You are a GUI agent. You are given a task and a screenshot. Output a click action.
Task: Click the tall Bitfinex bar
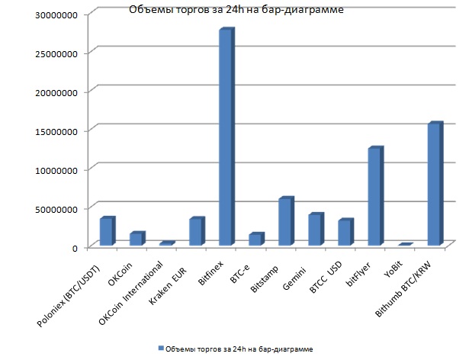(225, 137)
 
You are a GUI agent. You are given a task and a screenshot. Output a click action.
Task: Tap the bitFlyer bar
(374, 196)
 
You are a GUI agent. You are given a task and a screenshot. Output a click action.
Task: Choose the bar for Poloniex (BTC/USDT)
(106, 231)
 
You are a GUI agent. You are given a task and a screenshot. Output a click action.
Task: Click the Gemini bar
(314, 230)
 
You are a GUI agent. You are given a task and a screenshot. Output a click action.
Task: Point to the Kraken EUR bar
(195, 232)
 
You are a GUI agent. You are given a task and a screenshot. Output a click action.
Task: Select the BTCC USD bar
(344, 233)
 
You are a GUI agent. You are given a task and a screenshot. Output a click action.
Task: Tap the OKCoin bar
(136, 239)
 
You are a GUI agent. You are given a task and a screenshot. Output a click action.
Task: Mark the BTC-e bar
(255, 239)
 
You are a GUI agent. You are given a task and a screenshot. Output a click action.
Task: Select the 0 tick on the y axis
(74, 247)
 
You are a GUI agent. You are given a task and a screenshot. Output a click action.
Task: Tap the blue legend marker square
(161, 348)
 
